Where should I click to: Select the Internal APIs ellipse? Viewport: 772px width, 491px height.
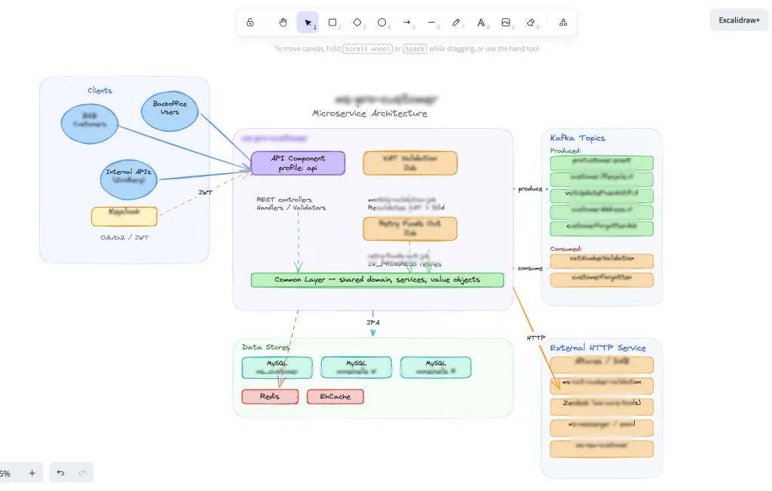click(129, 176)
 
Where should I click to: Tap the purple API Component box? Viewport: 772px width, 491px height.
click(298, 163)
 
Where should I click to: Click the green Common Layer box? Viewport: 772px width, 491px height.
click(377, 279)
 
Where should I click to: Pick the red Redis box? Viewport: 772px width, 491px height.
click(270, 396)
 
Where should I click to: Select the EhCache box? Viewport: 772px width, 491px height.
click(335, 396)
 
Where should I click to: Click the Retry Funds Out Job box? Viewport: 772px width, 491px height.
click(410, 229)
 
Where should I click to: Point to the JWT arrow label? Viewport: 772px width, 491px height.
click(205, 193)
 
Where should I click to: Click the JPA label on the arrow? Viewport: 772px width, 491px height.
click(372, 322)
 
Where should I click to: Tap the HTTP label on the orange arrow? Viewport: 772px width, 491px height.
click(536, 338)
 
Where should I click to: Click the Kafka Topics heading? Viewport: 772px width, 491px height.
click(577, 138)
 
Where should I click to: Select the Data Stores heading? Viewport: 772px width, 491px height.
click(265, 347)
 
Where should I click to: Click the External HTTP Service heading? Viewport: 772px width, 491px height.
click(598, 348)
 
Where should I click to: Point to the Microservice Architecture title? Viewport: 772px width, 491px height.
click(369, 114)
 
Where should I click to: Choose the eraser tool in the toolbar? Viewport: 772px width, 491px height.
click(531, 23)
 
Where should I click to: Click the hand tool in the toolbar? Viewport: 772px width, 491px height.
click(283, 23)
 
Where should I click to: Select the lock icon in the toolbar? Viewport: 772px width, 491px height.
click(250, 23)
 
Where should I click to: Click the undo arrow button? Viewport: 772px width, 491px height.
click(60, 473)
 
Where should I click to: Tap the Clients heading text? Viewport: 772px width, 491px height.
click(100, 90)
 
